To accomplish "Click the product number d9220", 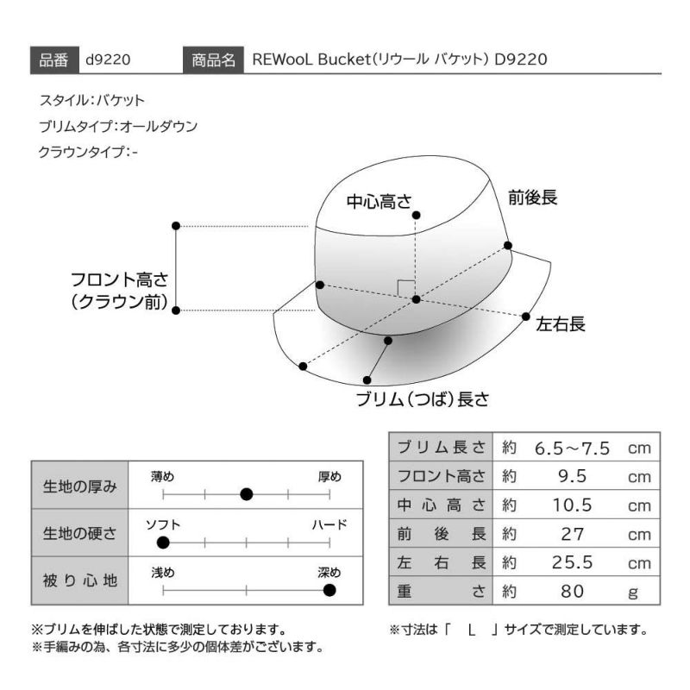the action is [x=108, y=60].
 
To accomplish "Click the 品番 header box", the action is [x=54, y=60].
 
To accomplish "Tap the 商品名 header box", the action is [x=213, y=60].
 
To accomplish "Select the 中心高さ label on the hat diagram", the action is [x=379, y=202].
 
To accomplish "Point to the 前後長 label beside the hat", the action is [x=532, y=198].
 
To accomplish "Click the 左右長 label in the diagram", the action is [x=560, y=324].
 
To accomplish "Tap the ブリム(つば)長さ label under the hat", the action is [x=423, y=399].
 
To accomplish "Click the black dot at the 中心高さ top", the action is [x=416, y=215].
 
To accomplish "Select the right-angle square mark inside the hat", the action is [x=405, y=288].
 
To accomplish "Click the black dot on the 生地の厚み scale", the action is [x=247, y=494].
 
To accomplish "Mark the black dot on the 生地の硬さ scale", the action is [x=163, y=543].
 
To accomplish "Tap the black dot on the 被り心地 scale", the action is [x=329, y=590].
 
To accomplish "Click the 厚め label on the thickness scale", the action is [x=329, y=477].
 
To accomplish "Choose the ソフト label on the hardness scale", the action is [x=163, y=524].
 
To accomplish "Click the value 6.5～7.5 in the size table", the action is [x=572, y=448].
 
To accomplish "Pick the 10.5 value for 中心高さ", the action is [x=572, y=505].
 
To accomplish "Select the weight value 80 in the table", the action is [x=572, y=592].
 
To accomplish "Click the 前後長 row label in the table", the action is [x=442, y=534].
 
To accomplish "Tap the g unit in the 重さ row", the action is [x=633, y=593].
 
